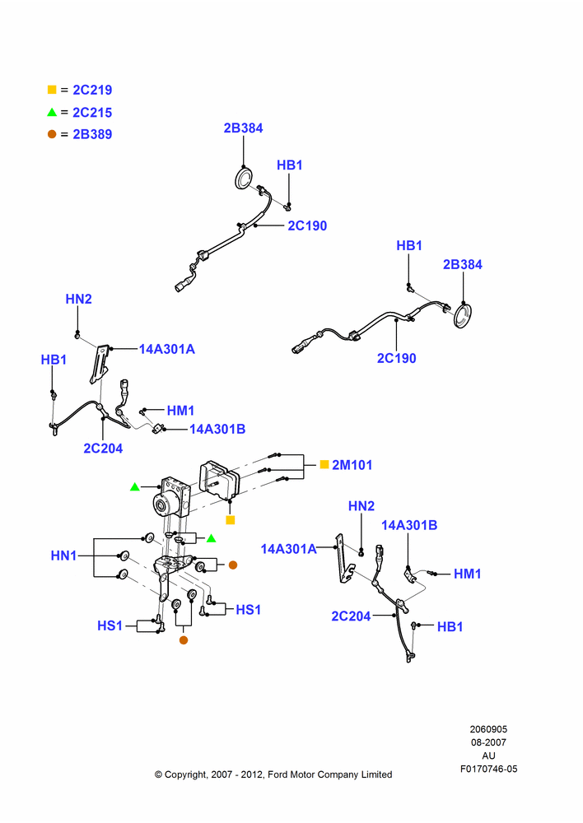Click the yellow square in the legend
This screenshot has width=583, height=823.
click(52, 90)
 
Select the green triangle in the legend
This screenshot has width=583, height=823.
click(52, 112)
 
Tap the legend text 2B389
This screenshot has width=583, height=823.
click(92, 134)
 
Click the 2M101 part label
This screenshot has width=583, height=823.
click(352, 464)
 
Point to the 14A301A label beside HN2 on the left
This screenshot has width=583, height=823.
click(166, 349)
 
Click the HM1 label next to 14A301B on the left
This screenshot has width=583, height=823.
click(180, 411)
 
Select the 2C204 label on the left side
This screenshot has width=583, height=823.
click(103, 449)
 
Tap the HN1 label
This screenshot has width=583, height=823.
click(63, 556)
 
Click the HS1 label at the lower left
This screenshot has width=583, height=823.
click(110, 625)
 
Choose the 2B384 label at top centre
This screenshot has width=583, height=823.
click(243, 128)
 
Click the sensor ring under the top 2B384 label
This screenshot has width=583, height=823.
click(243, 179)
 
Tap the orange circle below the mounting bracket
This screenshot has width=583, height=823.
click(184, 639)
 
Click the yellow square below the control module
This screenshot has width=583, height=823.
click(230, 520)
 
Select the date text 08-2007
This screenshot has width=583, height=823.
click(488, 742)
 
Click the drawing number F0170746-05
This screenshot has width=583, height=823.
click(489, 769)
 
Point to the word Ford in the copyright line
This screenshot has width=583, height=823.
click(278, 774)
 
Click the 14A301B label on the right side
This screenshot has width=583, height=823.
click(409, 525)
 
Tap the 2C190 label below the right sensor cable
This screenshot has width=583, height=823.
click(397, 358)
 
